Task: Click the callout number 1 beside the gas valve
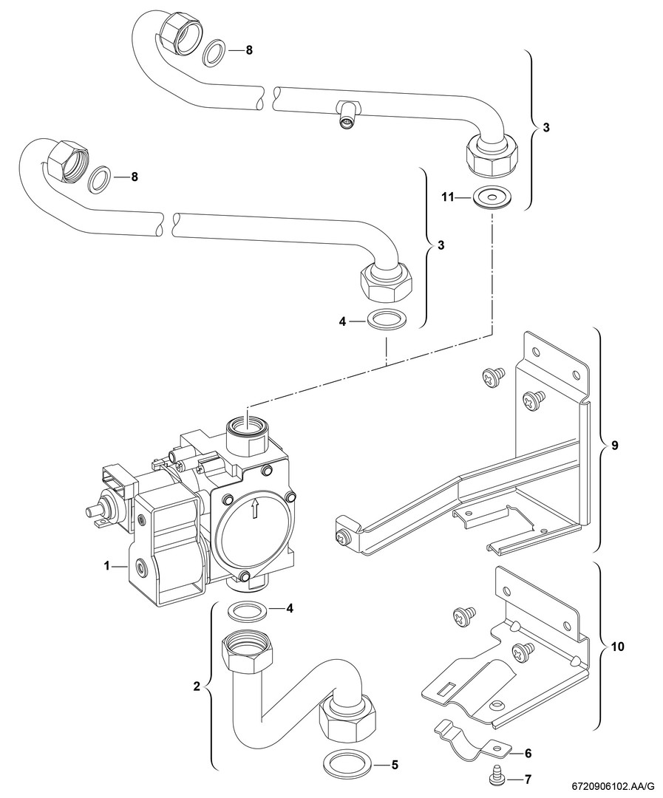coord(107,566)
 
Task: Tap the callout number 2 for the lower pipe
coord(197,686)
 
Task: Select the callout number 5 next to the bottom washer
coord(395,764)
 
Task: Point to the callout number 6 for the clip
coord(528,754)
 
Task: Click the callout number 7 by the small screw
coord(528,780)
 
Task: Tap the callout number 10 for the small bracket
coord(619,647)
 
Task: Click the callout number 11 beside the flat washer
coord(446,197)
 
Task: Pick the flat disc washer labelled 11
coord(486,198)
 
